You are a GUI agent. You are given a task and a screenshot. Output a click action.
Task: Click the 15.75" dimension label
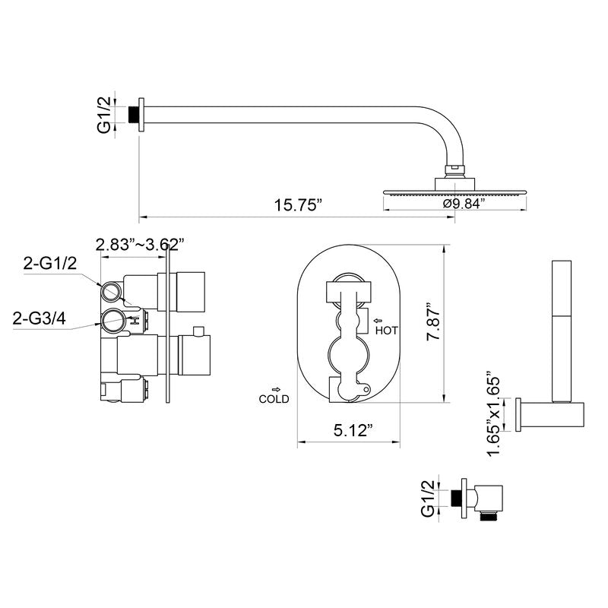click(x=298, y=206)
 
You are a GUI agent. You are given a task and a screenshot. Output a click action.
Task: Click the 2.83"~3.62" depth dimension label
click(x=141, y=244)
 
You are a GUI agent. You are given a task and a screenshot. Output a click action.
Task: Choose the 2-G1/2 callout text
click(x=50, y=263)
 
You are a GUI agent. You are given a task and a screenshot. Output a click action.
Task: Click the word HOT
click(x=386, y=331)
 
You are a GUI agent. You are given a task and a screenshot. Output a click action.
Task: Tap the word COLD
click(x=274, y=399)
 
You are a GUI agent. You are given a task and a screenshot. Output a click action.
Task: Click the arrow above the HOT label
click(x=378, y=320)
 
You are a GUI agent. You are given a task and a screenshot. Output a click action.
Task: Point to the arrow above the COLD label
click(x=275, y=388)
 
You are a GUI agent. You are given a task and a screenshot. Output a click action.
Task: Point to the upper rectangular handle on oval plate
click(x=348, y=290)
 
